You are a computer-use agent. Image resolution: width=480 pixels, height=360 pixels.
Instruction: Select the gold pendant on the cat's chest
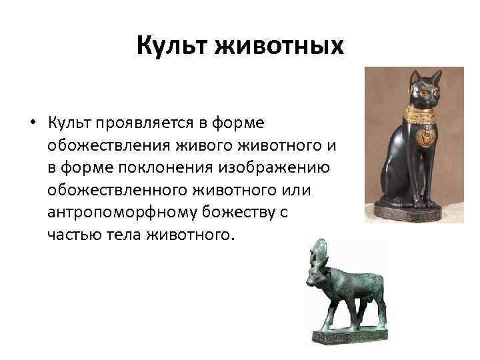tap(424, 138)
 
